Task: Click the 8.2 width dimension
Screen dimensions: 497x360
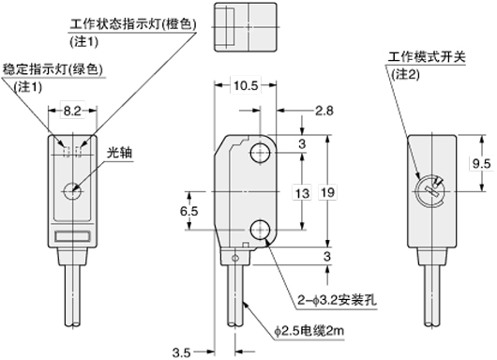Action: (x=72, y=111)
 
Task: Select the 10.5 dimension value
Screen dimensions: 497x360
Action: (x=246, y=85)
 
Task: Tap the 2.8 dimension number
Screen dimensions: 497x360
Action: (x=324, y=111)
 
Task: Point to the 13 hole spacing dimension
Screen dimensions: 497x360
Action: (x=302, y=193)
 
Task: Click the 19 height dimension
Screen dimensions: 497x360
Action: (x=327, y=192)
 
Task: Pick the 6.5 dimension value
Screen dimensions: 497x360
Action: (x=189, y=211)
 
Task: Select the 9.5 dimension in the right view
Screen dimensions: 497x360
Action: (x=481, y=163)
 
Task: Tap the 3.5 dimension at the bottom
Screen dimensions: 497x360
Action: (x=182, y=352)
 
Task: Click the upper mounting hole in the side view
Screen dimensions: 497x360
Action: (x=261, y=154)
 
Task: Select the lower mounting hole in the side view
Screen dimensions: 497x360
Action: (x=261, y=230)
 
